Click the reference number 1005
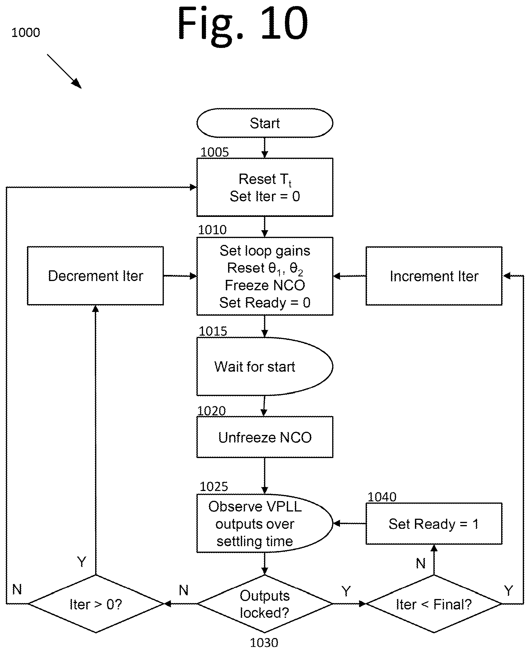[214, 152]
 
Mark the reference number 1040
[381, 497]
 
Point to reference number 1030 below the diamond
[264, 643]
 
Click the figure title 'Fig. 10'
[243, 24]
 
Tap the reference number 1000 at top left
[26, 32]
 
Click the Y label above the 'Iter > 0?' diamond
[82, 562]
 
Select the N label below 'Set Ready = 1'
[421, 563]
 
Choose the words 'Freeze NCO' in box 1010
[265, 285]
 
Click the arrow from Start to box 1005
[265, 148]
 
